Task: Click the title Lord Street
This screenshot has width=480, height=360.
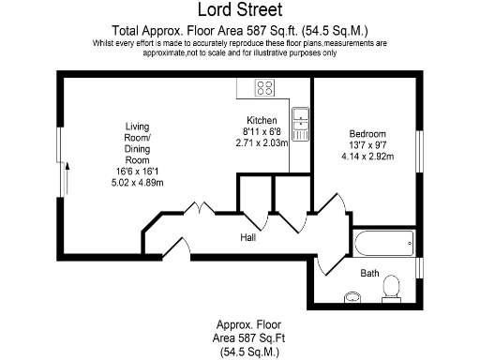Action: coord(239,10)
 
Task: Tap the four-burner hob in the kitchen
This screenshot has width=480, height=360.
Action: coord(264,90)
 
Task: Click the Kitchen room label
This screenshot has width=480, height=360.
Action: coord(262,121)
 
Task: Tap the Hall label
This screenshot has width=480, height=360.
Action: coord(248,239)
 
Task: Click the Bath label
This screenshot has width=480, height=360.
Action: coord(370,273)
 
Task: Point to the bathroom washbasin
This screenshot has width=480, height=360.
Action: coord(352,298)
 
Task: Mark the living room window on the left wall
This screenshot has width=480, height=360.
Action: coord(61,150)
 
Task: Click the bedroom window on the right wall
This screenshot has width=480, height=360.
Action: coord(418,145)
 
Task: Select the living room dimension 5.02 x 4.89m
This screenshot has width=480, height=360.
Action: coord(137,182)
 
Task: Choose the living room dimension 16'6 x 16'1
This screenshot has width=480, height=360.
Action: coord(137,172)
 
